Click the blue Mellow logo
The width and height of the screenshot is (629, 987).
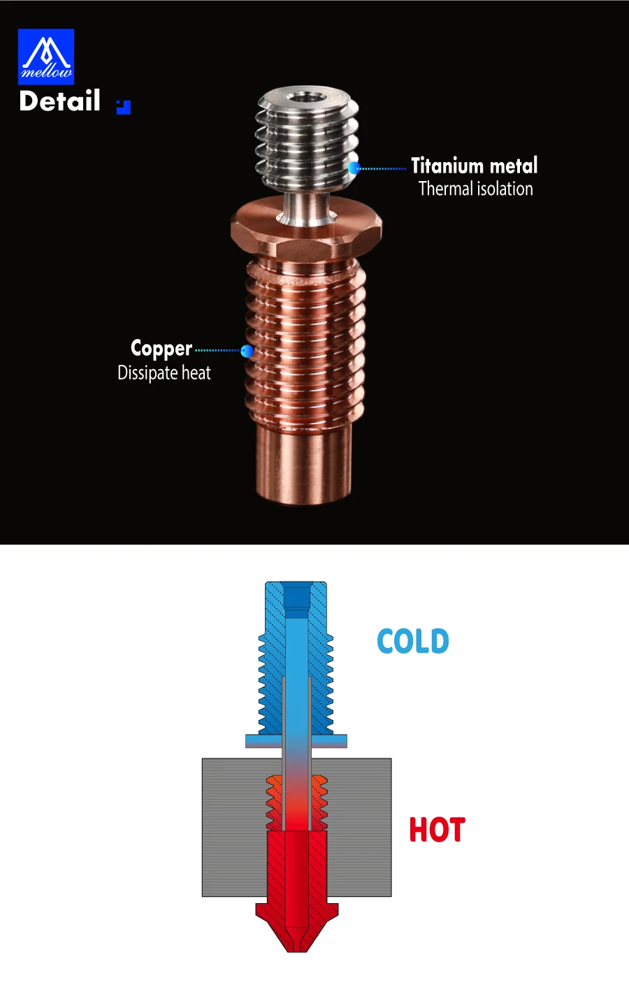click(46, 57)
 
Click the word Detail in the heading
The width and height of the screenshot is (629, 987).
click(60, 101)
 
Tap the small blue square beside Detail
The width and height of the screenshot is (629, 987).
click(124, 107)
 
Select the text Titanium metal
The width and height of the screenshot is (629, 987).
click(475, 166)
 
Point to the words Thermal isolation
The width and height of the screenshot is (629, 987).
click(476, 189)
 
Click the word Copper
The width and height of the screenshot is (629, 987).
click(161, 349)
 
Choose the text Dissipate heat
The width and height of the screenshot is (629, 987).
click(164, 373)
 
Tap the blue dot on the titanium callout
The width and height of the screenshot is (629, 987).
click(354, 168)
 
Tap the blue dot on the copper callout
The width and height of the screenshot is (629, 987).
click(247, 351)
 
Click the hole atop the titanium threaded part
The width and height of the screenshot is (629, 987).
click(308, 96)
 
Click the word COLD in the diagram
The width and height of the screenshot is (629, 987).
click(413, 641)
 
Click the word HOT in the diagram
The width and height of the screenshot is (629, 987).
click(437, 830)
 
